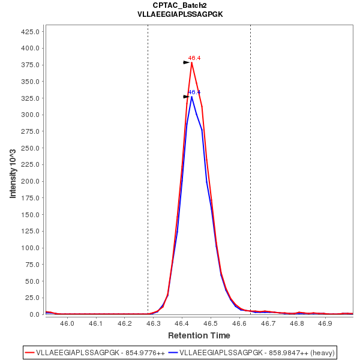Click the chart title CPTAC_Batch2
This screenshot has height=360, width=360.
click(180, 5)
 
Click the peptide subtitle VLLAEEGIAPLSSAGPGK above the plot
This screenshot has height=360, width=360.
click(180, 14)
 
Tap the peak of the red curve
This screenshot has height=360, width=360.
click(192, 62)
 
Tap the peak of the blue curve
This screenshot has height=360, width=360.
click(192, 97)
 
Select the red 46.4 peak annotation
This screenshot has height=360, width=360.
click(194, 58)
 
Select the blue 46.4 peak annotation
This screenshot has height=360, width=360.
click(194, 92)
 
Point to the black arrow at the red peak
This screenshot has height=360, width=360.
click(187, 62)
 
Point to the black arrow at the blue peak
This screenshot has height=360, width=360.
click(187, 96)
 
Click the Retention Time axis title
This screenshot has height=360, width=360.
click(199, 335)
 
